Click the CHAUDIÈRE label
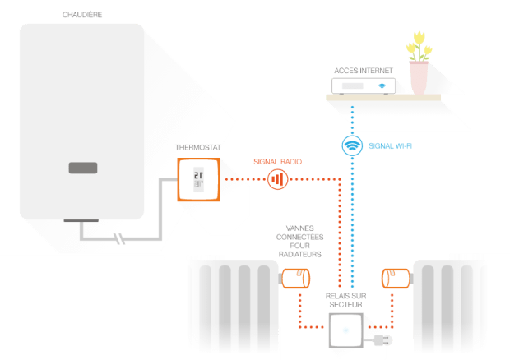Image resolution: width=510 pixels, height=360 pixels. (82, 15)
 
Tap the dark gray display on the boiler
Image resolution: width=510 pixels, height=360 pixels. (83, 168)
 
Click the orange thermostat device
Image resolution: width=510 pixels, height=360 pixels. (199, 180)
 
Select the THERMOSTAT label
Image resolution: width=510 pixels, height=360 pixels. (198, 147)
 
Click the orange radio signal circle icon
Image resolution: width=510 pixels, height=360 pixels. (277, 179)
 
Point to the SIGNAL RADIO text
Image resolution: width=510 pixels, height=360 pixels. (277, 162)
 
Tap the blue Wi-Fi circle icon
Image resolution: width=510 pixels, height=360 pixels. (352, 145)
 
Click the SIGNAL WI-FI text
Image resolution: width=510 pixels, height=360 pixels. (390, 146)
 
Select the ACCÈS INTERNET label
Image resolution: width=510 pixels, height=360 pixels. (364, 71)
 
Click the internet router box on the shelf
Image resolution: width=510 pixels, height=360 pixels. (364, 86)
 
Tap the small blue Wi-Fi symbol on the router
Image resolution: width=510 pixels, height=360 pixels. (382, 85)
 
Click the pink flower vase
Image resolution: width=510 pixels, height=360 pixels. (419, 78)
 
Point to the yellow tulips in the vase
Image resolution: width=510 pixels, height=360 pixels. (419, 46)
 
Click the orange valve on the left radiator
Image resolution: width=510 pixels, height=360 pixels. (295, 279)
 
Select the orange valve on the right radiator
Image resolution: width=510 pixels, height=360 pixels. (396, 279)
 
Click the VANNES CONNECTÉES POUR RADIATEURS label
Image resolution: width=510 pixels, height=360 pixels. (299, 242)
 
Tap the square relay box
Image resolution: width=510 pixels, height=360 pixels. (345, 330)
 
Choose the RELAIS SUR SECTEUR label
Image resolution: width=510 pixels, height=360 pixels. (345, 300)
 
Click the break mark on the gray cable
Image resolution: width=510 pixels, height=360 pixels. (119, 239)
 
